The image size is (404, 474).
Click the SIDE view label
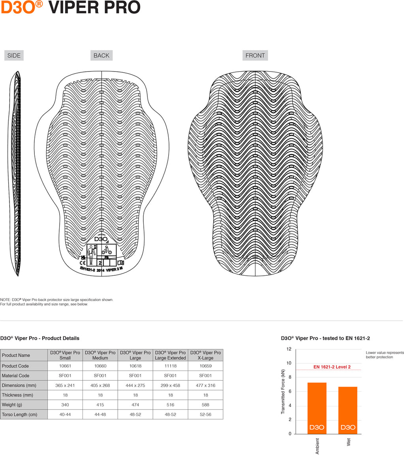coord(14,55)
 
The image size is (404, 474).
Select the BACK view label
coord(101,55)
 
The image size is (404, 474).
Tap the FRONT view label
coord(255,55)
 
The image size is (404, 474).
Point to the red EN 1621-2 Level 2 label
coord(332,367)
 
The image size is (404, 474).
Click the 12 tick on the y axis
coord(289,349)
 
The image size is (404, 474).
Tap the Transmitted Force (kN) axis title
coord(283,391)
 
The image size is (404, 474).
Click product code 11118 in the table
coord(170,366)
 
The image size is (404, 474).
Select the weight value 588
coord(205,404)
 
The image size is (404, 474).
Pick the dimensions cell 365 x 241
coord(65,385)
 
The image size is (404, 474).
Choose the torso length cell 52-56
coord(205,414)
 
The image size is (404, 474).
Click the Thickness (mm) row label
coord(17,395)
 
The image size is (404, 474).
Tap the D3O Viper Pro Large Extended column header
coord(170,355)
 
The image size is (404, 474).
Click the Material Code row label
coord(16,376)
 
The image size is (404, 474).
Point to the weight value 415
coord(100,404)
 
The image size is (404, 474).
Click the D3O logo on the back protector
coord(101,239)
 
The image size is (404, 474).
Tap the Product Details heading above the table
coord(40,338)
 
